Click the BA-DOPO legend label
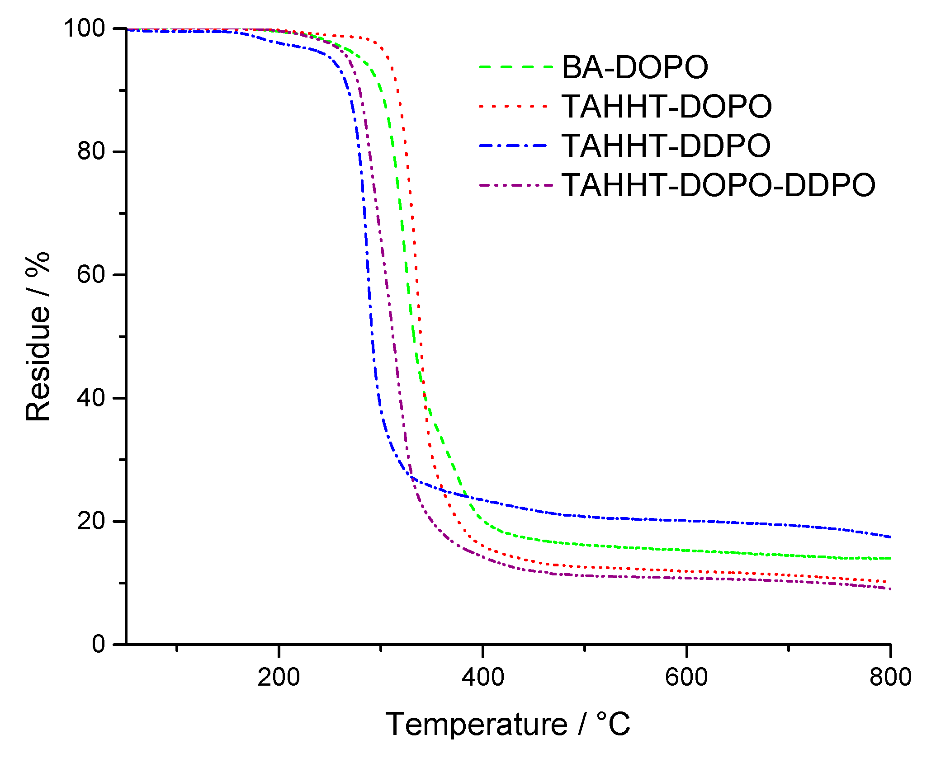(x=634, y=67)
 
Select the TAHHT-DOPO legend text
(x=667, y=107)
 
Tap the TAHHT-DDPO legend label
(x=666, y=146)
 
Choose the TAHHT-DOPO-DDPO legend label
(x=718, y=185)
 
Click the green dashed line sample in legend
(x=515, y=67)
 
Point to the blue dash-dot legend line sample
(x=515, y=146)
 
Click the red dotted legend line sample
(x=515, y=106)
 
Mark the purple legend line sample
(x=515, y=185)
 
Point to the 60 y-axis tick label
(x=91, y=274)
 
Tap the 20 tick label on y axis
(x=91, y=521)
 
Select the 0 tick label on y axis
(x=99, y=644)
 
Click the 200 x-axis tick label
(x=279, y=677)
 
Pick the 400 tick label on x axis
(x=483, y=677)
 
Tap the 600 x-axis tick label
(x=686, y=677)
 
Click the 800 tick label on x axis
(x=890, y=677)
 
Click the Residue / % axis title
(x=38, y=337)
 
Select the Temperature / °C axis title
(x=507, y=725)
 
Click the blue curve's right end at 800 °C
(x=889, y=537)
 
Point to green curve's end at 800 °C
(x=889, y=558)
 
